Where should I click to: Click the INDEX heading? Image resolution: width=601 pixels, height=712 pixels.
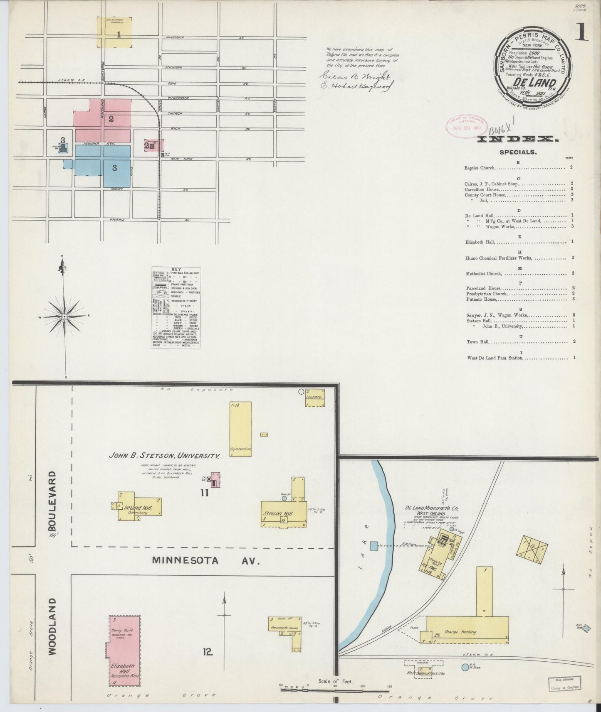click(518, 140)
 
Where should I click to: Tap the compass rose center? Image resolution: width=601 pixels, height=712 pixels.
click(64, 317)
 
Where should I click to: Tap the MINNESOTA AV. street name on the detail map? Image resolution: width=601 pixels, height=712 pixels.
click(205, 560)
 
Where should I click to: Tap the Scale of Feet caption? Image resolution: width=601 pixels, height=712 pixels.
click(335, 681)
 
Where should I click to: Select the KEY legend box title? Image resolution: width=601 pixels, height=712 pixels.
click(176, 270)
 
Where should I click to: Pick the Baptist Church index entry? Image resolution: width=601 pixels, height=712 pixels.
click(480, 168)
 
